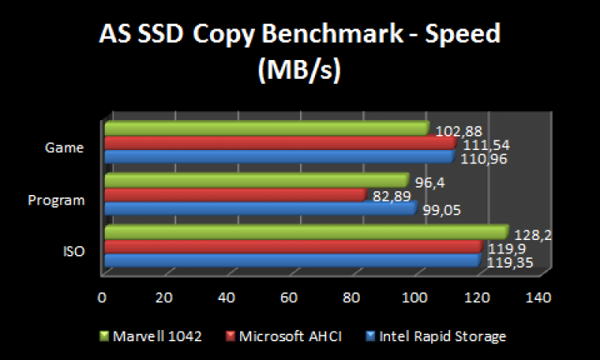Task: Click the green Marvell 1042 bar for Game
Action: pos(266,130)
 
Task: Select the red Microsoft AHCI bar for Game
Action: pos(279,142)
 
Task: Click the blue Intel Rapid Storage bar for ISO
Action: pos(290,260)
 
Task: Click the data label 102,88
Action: pos(458,132)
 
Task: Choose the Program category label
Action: pos(55,200)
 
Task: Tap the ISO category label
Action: pos(73,252)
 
